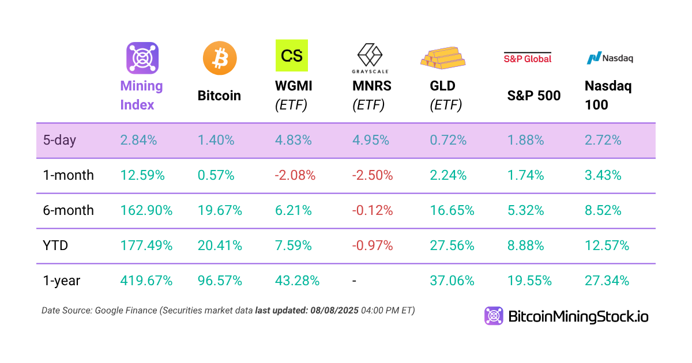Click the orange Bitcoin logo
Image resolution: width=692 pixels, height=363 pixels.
coord(220,58)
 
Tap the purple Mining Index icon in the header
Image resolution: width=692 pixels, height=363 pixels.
coord(142,58)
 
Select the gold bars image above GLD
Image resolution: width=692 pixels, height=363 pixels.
coord(443,56)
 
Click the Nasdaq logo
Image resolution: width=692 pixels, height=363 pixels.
coord(610,58)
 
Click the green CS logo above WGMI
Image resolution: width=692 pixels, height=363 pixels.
coord(292,55)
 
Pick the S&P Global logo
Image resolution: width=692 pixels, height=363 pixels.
coord(527,58)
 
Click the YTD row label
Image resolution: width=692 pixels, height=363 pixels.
coord(55,246)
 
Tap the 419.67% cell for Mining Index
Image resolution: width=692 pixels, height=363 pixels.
coord(146,281)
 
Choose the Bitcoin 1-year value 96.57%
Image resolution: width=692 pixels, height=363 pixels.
coord(220,281)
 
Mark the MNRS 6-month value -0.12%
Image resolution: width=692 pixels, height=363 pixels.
coord(373,211)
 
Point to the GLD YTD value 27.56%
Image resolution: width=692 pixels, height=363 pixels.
coord(452,246)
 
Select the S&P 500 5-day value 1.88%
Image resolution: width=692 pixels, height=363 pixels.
coord(525,140)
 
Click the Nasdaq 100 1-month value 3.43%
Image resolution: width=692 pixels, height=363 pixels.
coord(603,175)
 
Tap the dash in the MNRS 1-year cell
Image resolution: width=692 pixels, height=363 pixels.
coord(355,281)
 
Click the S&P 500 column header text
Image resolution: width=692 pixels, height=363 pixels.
coord(533,96)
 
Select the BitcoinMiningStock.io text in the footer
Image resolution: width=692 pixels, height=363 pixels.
coord(578,316)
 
